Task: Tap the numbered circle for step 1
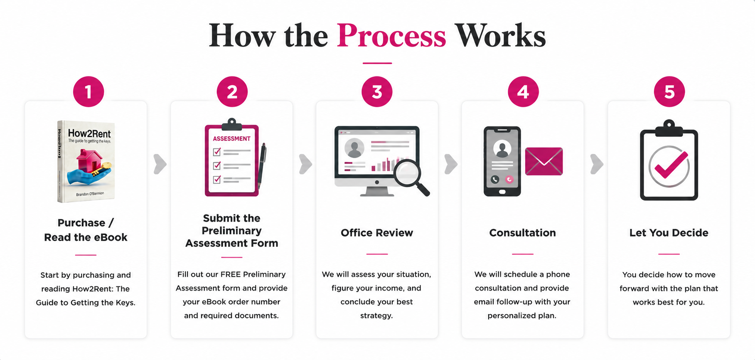(89, 91)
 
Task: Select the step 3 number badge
(377, 91)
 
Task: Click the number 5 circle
(669, 91)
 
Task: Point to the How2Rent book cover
(86, 161)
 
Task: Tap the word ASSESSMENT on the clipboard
(231, 138)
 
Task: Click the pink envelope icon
(544, 161)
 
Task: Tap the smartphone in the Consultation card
(502, 161)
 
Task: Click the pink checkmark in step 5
(671, 165)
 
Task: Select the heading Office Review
(377, 233)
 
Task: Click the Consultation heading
(522, 233)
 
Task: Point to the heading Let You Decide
(669, 233)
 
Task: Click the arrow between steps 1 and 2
(160, 164)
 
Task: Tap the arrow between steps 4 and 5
(597, 164)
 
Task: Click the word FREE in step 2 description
(231, 274)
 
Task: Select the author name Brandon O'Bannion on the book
(90, 194)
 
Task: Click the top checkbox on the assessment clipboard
(217, 152)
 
